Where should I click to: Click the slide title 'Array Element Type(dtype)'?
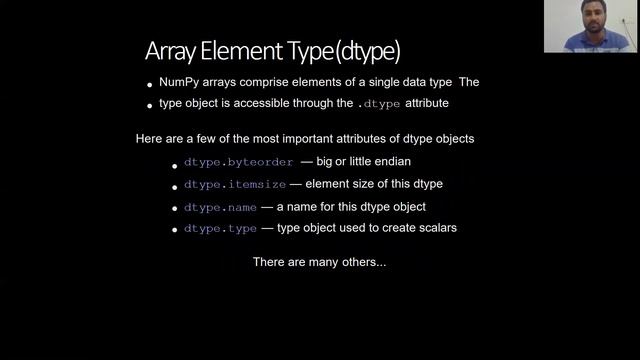pyautogui.click(x=273, y=50)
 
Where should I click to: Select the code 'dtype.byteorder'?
pyautogui.click(x=238, y=162)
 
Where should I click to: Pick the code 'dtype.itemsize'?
pyautogui.click(x=235, y=185)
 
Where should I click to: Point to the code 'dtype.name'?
pyautogui.click(x=220, y=207)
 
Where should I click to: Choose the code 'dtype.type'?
pyautogui.click(x=220, y=229)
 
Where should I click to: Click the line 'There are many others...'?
pyautogui.click(x=319, y=262)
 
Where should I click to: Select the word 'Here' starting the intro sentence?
pyautogui.click(x=148, y=138)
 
